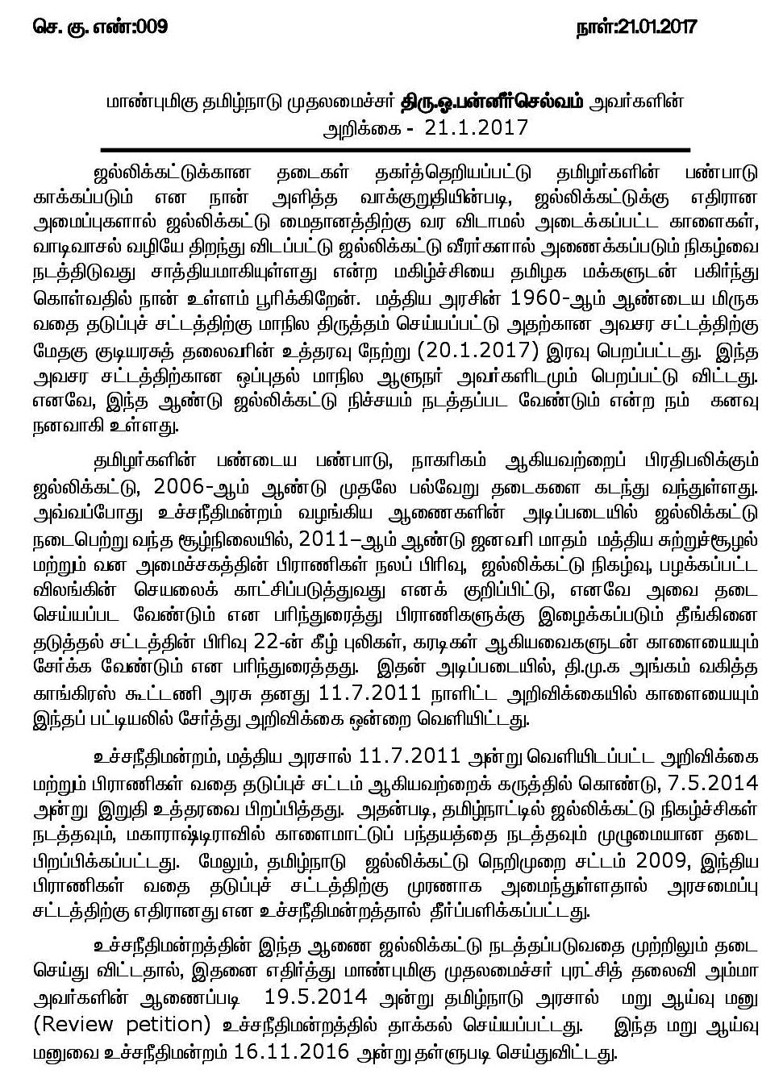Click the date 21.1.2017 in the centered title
point(481,128)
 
